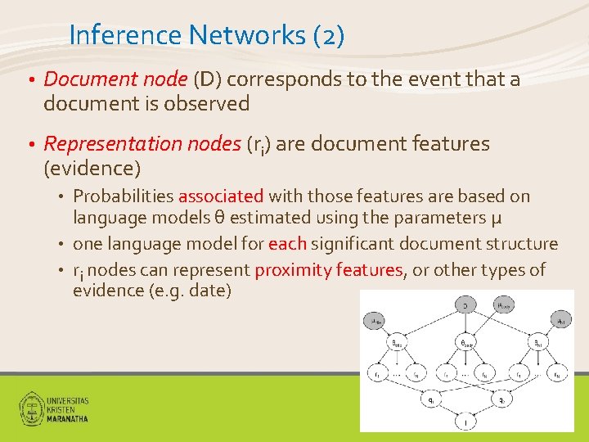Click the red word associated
pos(221,196)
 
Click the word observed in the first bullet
pos(210,104)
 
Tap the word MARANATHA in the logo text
pos(68,417)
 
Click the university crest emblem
pos(31,408)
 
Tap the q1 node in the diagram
pos(431,402)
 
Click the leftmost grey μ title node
pos(377,322)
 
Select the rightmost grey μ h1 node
pos(561,322)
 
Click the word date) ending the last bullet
pos(209,291)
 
